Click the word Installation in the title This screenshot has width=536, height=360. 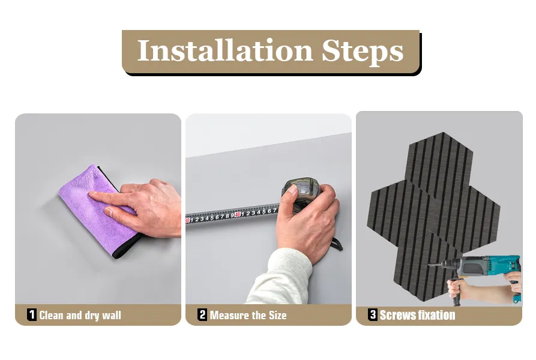pos(225,50)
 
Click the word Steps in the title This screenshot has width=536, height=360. pos(363,52)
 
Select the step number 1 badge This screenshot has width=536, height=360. pos(31,314)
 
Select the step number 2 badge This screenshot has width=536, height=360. pos(202,314)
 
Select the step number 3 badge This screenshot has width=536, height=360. pos(373,314)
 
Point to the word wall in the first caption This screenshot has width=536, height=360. pos(112,315)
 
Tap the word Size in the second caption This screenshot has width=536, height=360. pos(277,315)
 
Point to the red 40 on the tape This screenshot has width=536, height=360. pos(237,214)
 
